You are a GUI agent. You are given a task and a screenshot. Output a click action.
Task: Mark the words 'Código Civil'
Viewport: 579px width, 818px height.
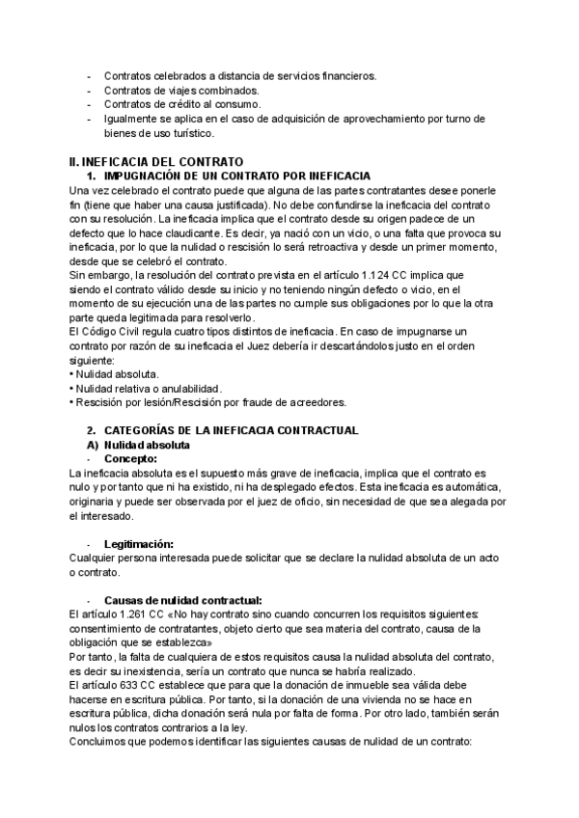click(x=115, y=331)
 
